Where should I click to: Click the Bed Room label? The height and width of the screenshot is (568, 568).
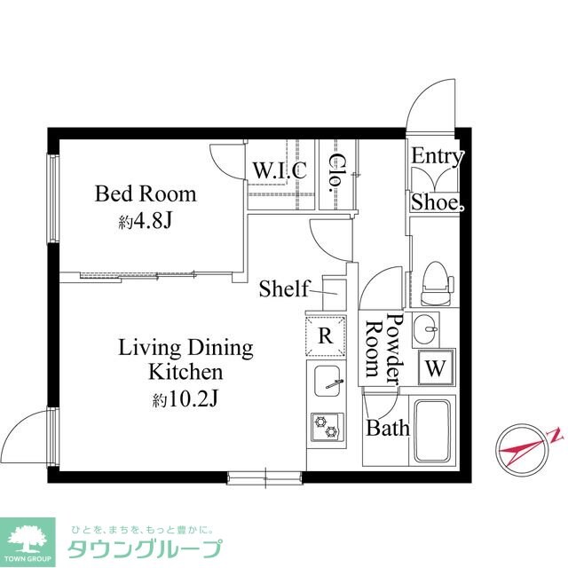click(x=146, y=193)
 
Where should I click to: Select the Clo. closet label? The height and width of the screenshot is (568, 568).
click(x=337, y=173)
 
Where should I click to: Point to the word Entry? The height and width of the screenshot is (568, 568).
click(x=438, y=157)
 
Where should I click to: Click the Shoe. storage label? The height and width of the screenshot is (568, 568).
click(x=437, y=202)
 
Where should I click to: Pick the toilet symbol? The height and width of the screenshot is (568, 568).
click(x=435, y=281)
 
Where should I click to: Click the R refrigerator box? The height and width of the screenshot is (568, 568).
click(x=326, y=336)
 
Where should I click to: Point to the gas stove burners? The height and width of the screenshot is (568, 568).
click(x=325, y=426)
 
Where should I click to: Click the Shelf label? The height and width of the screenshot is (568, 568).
click(x=283, y=288)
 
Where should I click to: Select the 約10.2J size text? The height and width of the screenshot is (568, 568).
click(x=184, y=399)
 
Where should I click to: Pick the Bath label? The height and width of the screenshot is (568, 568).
click(x=389, y=429)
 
